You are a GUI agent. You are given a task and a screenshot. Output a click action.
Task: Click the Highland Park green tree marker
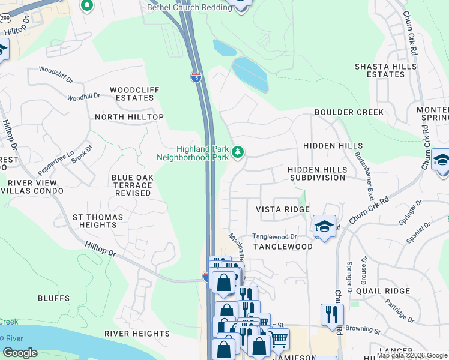click(238, 152)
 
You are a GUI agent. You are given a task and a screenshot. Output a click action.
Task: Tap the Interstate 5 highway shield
click(196, 77)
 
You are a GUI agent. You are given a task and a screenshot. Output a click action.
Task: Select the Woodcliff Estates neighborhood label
click(134, 94)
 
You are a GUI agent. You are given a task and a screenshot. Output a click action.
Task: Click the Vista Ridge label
click(282, 209)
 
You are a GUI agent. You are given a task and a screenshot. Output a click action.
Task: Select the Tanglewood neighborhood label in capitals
click(282, 247)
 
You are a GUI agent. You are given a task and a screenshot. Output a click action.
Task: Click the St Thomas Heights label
click(97, 221)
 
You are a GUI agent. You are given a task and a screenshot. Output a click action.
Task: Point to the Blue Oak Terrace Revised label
click(132, 185)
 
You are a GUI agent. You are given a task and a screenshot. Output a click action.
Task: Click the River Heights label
click(137, 334)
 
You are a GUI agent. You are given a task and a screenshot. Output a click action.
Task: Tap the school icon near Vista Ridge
click(324, 226)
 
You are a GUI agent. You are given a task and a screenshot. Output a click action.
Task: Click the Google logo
click(20, 353)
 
